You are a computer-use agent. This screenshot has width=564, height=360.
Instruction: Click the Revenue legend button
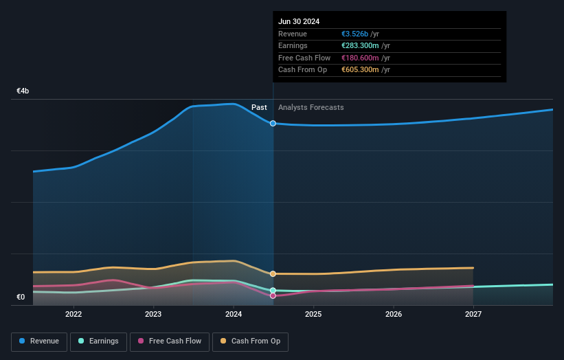click(40, 341)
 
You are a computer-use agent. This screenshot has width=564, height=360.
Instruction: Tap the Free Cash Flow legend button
click(170, 341)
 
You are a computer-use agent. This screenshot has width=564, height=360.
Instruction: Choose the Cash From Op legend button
click(251, 341)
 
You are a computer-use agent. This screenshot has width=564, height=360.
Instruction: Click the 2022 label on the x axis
click(74, 315)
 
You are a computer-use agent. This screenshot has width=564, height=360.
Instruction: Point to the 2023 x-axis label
click(153, 315)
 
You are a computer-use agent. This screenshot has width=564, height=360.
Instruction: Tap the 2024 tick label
click(234, 315)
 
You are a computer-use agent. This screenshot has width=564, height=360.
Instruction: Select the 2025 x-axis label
click(313, 315)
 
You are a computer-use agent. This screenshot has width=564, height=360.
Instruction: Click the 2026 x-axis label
click(394, 315)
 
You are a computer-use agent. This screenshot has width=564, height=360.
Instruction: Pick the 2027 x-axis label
click(473, 315)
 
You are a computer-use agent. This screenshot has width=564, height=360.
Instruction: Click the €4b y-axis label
click(23, 91)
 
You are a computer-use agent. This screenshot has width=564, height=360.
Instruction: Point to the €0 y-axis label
click(21, 297)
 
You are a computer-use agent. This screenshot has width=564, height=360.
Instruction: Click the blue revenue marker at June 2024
click(273, 123)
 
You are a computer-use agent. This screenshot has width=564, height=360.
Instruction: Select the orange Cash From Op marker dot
click(273, 274)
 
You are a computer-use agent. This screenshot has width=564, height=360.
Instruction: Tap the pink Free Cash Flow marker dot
click(273, 296)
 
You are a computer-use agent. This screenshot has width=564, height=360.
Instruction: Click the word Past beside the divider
click(259, 107)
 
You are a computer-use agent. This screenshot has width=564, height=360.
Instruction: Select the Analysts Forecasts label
click(311, 107)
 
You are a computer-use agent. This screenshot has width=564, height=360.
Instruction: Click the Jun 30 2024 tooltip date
click(299, 22)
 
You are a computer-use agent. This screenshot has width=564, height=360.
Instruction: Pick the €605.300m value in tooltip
click(361, 69)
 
